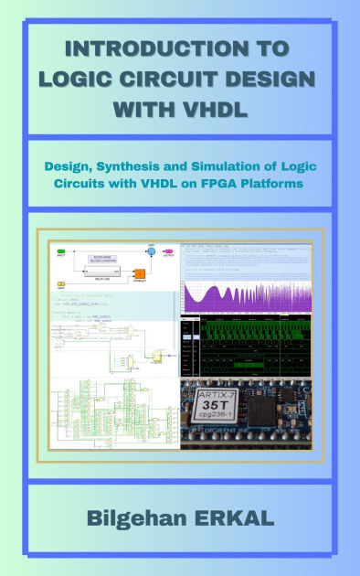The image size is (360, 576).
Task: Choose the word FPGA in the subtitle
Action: (x=232, y=184)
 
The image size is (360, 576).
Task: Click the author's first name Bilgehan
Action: (x=136, y=518)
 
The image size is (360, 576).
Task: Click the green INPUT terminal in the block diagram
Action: (x=61, y=251)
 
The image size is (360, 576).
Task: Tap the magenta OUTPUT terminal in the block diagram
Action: (x=169, y=251)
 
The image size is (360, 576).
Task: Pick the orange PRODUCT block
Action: (x=140, y=273)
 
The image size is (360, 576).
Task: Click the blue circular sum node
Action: (x=152, y=251)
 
